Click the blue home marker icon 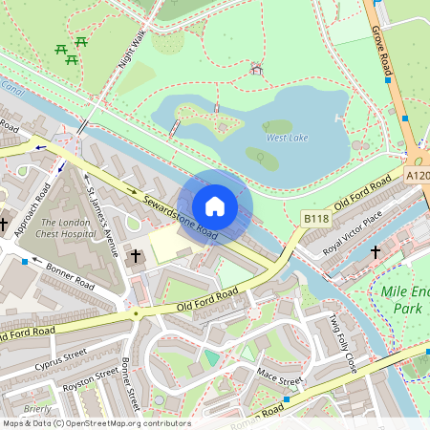[215, 206]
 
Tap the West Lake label [287, 138]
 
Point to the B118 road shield [315, 219]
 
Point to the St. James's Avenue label [102, 222]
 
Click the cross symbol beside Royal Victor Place [375, 252]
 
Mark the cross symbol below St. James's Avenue [136, 256]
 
